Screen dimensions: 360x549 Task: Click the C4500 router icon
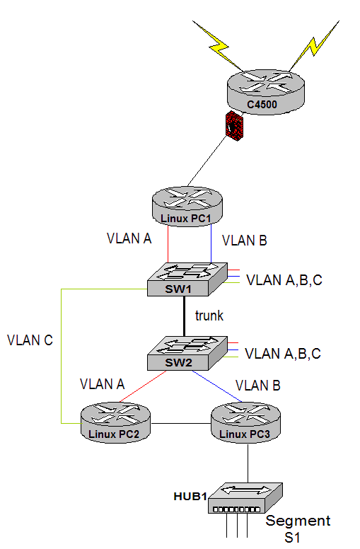point(266,92)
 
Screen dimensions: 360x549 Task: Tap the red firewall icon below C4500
point(234,126)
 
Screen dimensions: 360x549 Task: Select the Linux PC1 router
point(187,207)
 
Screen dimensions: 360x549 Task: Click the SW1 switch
point(187,279)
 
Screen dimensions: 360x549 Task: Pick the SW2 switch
point(187,353)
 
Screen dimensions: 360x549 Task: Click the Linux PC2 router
point(115,422)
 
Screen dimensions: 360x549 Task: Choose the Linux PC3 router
point(246,422)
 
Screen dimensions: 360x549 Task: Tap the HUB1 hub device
point(245,498)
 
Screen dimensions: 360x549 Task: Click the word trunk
point(209,316)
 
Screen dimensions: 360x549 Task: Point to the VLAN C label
point(30,340)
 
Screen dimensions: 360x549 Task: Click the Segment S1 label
point(298,529)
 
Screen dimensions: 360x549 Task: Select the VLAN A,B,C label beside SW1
point(284,280)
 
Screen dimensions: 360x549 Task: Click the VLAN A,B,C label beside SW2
point(283,354)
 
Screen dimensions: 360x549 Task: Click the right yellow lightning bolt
point(314,46)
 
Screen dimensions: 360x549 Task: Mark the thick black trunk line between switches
point(184,316)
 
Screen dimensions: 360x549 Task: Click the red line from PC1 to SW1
point(168,244)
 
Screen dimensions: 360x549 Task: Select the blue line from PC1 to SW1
point(211,243)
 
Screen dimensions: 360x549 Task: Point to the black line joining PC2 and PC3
point(180,423)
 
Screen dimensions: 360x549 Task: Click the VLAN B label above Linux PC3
point(258,386)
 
